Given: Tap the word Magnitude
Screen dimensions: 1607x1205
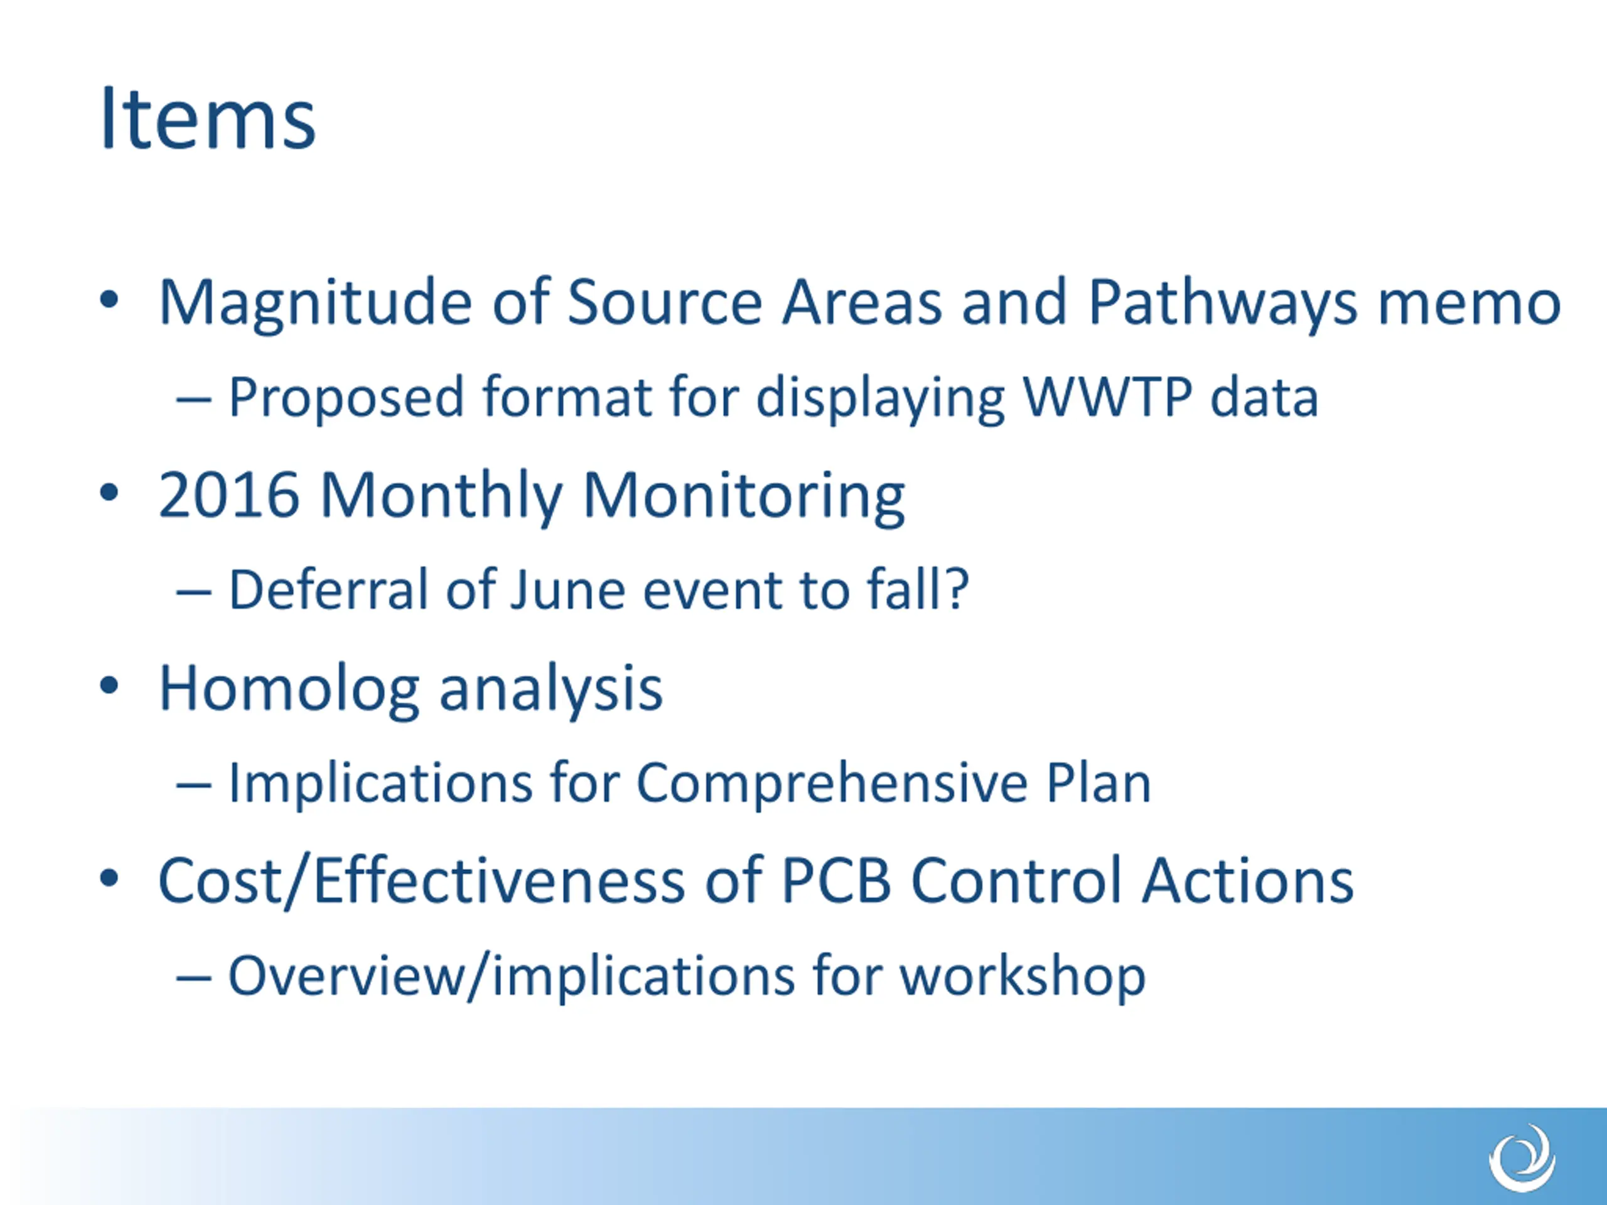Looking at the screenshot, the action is [x=316, y=304].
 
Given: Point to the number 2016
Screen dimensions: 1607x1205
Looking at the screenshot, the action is [x=230, y=495].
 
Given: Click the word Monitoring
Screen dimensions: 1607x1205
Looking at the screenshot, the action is [x=743, y=496].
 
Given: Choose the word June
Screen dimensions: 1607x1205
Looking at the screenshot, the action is [x=567, y=589].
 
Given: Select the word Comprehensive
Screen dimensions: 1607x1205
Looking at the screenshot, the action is [x=832, y=784].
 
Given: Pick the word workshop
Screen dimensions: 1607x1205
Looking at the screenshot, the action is [x=1022, y=976].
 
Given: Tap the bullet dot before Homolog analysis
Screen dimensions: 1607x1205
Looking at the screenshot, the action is [x=109, y=687].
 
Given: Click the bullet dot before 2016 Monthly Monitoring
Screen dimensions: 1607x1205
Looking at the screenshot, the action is [x=109, y=493].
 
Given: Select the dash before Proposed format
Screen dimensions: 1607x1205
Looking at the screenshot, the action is [x=194, y=400].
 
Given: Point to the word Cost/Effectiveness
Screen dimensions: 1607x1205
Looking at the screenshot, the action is [x=422, y=881].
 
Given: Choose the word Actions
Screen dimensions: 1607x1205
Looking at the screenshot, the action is [x=1247, y=881].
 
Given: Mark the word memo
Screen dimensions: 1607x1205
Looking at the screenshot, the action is [x=1469, y=305].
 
